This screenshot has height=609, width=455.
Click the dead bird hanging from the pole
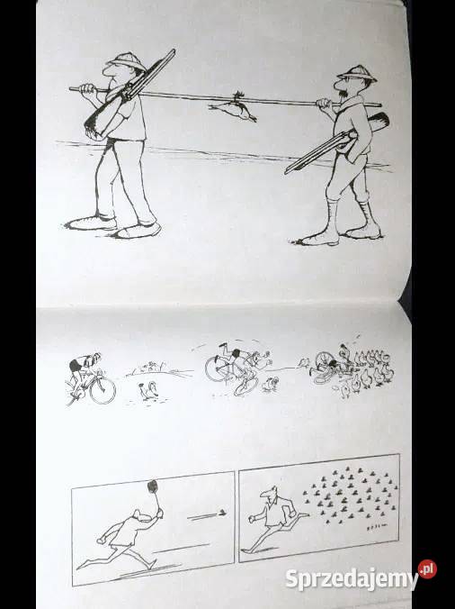point(233,108)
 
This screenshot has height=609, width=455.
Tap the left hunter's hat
point(126,61)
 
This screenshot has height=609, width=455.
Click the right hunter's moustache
point(343,95)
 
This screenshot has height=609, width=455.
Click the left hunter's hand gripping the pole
point(87,89)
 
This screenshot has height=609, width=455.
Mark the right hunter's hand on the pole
point(325,104)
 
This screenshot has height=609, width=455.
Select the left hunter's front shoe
point(138,232)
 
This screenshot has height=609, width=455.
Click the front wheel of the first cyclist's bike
point(103,391)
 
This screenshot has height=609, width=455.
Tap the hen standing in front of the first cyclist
point(148,390)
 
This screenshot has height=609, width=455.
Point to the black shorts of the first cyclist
point(75,366)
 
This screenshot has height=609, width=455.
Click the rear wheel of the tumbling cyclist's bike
point(216,368)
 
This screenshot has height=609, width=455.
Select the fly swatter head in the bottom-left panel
point(153,486)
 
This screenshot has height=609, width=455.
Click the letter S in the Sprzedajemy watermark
point(292,578)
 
